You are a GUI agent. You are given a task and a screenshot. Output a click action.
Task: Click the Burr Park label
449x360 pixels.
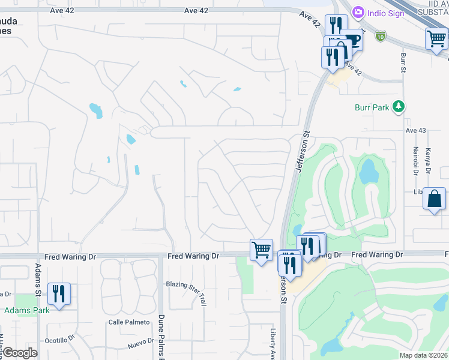tap(372, 108)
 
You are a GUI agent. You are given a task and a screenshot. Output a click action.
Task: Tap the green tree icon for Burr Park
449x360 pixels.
tap(397, 107)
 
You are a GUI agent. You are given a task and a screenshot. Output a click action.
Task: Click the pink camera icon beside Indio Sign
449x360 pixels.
tap(358, 12)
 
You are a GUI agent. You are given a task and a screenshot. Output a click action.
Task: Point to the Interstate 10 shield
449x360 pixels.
tap(381, 36)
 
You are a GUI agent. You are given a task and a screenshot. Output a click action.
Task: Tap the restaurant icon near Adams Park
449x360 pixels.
tap(59, 293)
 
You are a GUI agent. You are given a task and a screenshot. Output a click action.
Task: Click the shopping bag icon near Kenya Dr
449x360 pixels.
tap(434, 199)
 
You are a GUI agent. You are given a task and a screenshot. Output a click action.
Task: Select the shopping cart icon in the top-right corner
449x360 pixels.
tap(436, 39)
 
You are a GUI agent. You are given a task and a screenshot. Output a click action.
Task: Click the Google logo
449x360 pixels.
tap(20, 353)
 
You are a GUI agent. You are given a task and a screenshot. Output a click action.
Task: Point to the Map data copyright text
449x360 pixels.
tap(423, 355)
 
